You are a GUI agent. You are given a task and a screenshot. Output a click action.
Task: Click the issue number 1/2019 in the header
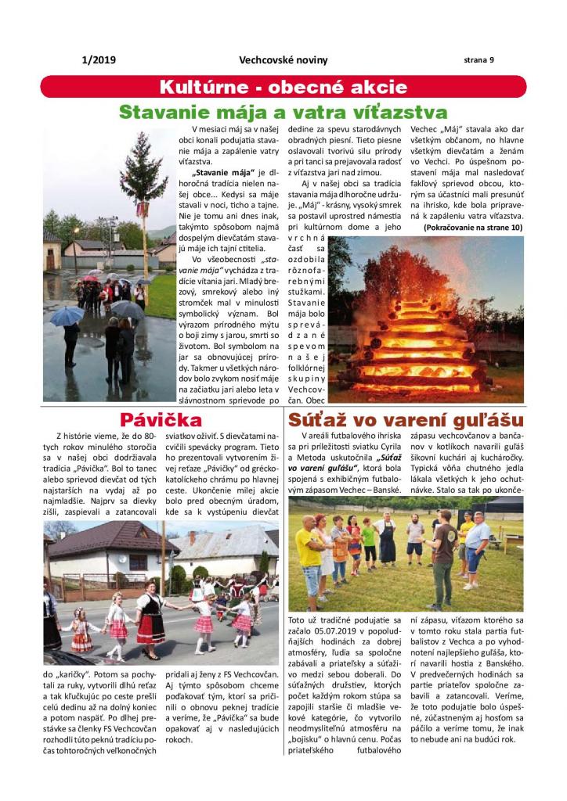pos(98,59)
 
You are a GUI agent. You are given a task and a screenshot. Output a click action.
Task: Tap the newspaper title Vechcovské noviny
pos(283,60)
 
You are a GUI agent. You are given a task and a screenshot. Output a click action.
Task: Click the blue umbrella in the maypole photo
pos(68,314)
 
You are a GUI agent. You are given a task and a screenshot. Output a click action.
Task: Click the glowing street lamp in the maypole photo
pos(76,232)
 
